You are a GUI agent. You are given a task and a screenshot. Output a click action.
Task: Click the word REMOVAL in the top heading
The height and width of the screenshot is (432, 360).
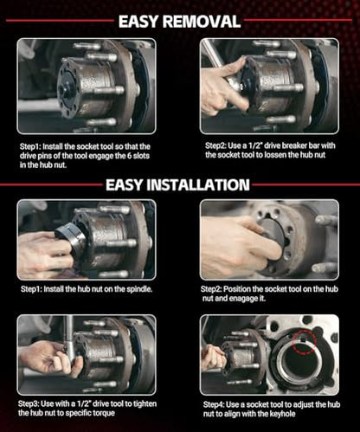click(x=202, y=22)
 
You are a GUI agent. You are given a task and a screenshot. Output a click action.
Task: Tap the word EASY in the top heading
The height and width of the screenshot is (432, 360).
click(x=138, y=22)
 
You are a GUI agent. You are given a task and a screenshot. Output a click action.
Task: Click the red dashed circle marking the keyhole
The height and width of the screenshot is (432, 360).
click(x=305, y=341)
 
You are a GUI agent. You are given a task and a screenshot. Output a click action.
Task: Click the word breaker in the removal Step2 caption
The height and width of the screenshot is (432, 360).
click(x=294, y=145)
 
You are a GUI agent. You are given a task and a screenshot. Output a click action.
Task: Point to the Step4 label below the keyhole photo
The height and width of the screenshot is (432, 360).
click(x=214, y=405)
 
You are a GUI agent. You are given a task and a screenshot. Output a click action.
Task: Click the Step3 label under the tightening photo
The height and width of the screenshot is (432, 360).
click(x=29, y=404)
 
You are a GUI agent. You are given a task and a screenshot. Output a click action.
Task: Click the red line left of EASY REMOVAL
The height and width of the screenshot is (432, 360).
click(x=60, y=21)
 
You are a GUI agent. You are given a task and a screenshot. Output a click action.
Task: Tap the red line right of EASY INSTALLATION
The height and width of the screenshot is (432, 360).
click(x=305, y=184)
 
